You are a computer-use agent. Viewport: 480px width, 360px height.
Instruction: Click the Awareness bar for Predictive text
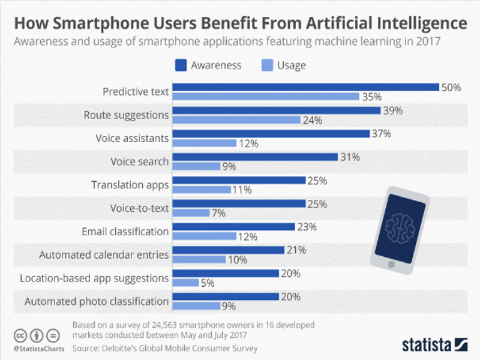pyautogui.click(x=306, y=87)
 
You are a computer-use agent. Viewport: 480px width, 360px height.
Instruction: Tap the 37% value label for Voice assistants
pyautogui.click(x=381, y=134)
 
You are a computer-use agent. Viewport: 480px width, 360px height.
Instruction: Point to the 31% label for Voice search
pyautogui.click(x=350, y=157)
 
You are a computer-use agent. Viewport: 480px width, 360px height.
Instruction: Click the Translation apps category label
pyautogui.click(x=130, y=185)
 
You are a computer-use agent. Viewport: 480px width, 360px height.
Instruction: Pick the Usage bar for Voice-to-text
pyautogui.click(x=191, y=213)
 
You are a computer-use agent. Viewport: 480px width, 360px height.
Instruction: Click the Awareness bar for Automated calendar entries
pyautogui.click(x=229, y=250)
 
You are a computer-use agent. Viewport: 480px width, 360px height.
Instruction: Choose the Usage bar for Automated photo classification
pyautogui.click(x=196, y=306)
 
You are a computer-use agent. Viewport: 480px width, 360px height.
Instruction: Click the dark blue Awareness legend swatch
pyautogui.click(x=182, y=65)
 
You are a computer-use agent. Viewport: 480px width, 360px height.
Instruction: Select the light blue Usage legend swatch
pyautogui.click(x=268, y=65)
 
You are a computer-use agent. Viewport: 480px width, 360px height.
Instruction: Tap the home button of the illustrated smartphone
pyautogui.click(x=391, y=263)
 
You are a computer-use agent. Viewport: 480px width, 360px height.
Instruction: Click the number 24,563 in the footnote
pyautogui.click(x=159, y=325)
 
